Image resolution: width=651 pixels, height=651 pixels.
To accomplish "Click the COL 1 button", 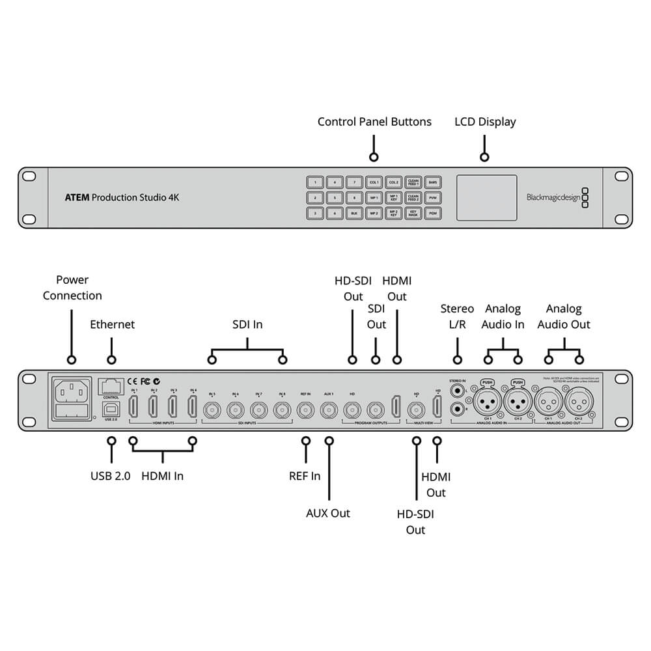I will click(x=374, y=183).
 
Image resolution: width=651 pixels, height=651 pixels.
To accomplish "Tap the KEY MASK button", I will click(x=413, y=213).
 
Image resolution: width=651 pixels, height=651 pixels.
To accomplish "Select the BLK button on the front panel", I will click(x=354, y=213).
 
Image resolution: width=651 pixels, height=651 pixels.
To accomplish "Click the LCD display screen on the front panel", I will click(x=486, y=197).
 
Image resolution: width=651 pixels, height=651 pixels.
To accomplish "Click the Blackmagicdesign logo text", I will click(x=552, y=197).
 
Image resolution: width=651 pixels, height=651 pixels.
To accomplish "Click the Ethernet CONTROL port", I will click(x=111, y=386).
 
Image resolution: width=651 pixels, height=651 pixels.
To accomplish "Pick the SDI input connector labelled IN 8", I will click(x=282, y=410).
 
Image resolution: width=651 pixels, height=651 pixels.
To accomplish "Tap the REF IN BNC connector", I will click(x=305, y=410).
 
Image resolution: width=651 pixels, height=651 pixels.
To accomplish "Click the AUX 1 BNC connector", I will click(x=329, y=410).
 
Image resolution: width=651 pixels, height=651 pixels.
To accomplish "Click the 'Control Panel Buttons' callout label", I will click(x=374, y=122).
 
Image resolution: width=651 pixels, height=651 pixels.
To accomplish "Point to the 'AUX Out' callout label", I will click(x=328, y=513).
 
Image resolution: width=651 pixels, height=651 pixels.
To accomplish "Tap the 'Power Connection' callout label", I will click(x=72, y=288).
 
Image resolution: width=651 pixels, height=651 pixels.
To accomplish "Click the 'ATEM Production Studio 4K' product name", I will click(x=122, y=197).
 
